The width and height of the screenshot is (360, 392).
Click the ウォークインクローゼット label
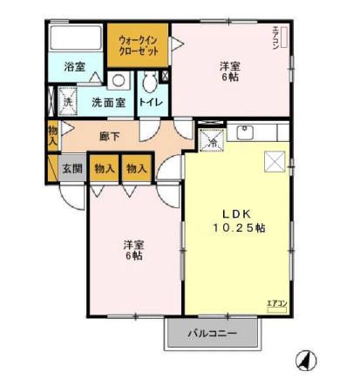point(137,45)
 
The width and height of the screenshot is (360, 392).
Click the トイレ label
point(150,102)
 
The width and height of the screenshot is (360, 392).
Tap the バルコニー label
point(213,332)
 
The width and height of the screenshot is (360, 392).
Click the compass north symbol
point(306,360)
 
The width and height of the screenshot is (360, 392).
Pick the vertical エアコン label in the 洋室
point(276,40)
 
